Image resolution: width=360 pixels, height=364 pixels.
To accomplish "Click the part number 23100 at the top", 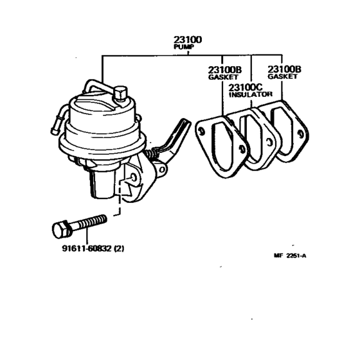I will pos(187,40).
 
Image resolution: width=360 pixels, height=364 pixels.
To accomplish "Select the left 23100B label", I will pos(224,69).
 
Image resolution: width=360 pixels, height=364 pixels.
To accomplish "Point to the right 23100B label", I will pos(283,69).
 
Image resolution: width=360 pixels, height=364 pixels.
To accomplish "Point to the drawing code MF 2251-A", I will pos(290,256).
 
